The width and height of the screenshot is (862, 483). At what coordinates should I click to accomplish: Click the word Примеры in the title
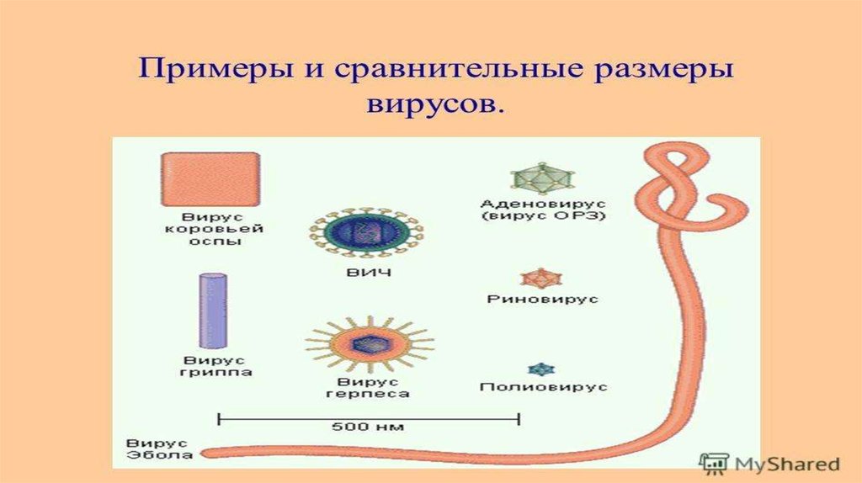215,71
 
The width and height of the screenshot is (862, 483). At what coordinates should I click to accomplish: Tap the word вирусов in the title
434,103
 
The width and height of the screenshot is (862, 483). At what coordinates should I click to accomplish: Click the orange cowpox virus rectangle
210,179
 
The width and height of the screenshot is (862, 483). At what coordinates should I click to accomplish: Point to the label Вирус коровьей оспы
214,229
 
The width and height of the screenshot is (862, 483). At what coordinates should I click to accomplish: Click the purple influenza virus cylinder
213,310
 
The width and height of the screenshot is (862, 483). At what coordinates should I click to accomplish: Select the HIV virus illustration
365,232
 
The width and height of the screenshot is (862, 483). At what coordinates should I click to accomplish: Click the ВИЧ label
369,272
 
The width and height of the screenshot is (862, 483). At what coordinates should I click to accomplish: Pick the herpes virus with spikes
370,344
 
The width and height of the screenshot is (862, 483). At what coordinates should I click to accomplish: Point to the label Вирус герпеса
367,387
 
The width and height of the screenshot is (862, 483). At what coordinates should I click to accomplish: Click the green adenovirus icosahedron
542,178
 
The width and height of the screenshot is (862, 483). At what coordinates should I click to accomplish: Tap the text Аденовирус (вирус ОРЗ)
543,210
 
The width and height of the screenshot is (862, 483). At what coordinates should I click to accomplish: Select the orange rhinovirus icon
541,279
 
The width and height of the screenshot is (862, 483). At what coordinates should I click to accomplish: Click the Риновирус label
542,299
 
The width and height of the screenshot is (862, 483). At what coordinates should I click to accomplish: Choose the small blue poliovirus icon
541,369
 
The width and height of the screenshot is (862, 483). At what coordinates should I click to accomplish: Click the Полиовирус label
543,387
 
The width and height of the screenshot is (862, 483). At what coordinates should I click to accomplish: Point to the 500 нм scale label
369,427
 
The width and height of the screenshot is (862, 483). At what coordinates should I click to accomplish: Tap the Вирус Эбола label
159,449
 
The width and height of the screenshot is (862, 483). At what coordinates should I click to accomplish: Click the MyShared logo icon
714,464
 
